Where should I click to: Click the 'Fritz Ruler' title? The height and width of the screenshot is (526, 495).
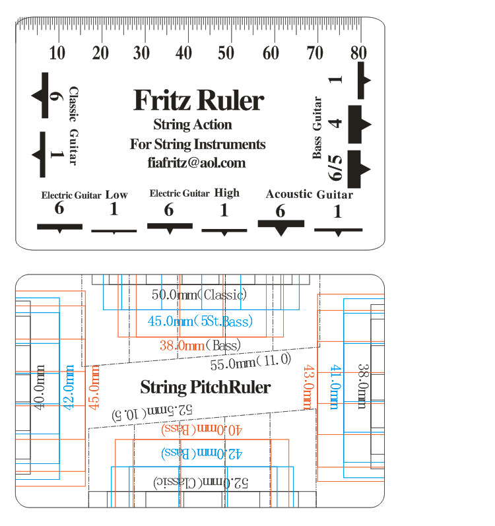(x=198, y=100)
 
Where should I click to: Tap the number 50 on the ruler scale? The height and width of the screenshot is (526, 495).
(x=226, y=53)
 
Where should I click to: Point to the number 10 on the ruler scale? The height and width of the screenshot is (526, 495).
(x=57, y=53)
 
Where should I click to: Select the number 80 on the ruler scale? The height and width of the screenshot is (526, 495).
(x=358, y=53)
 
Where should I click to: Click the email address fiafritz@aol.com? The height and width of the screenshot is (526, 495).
(x=197, y=162)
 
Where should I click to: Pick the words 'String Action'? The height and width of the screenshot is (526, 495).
(x=192, y=124)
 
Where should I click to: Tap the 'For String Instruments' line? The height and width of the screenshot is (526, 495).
(x=197, y=144)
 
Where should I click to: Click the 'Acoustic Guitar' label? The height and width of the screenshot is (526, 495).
(x=309, y=194)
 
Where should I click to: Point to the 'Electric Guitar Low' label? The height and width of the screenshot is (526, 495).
(x=84, y=195)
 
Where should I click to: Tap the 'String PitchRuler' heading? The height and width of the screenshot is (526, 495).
(x=205, y=387)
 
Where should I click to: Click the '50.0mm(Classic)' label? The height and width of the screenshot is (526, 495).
(x=199, y=294)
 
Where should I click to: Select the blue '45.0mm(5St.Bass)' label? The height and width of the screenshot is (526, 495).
(x=200, y=321)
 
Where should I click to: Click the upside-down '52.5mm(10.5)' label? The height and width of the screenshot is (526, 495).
(x=152, y=412)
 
